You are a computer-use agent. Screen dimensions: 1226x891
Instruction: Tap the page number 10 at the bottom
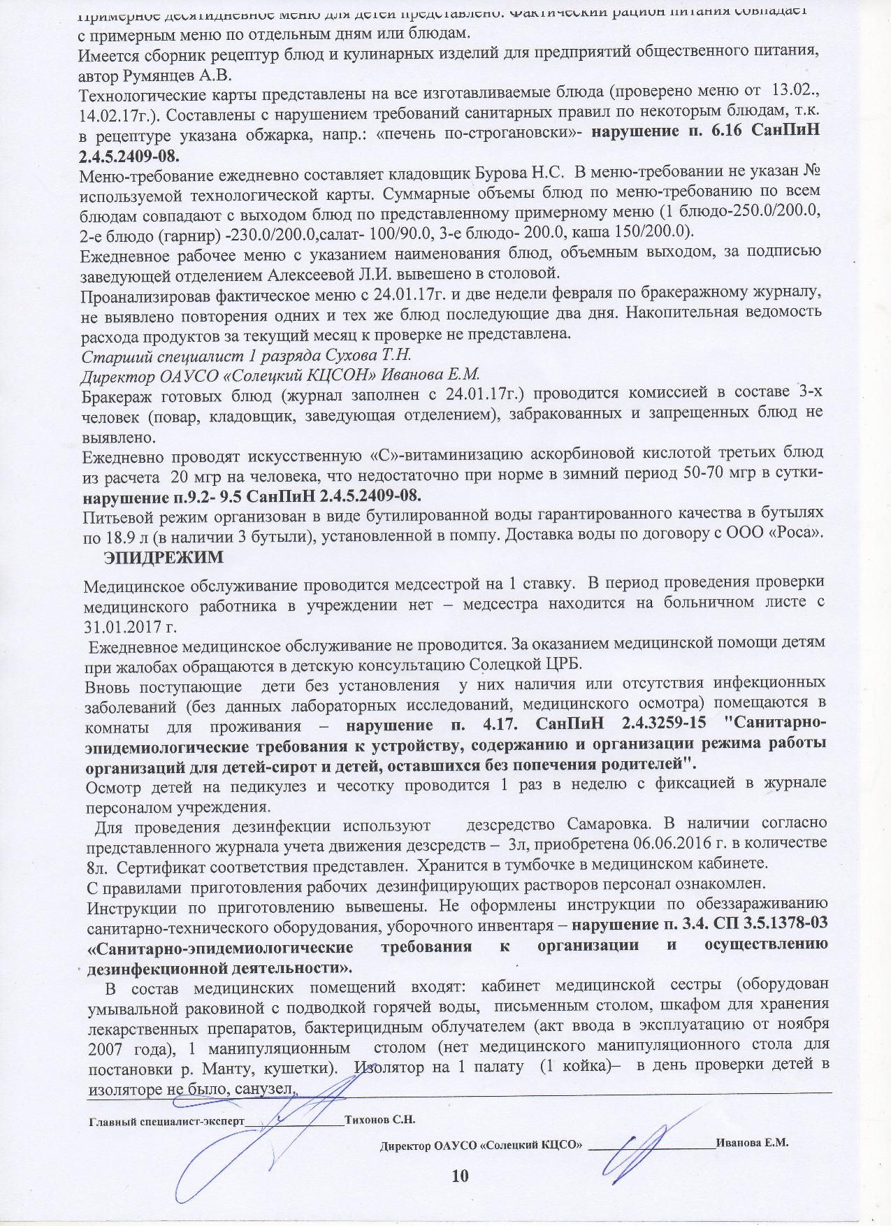tap(460, 1176)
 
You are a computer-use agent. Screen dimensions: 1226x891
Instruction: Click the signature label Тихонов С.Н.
tap(380, 1119)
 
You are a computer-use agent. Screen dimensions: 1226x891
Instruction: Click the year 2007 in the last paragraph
tap(104, 1047)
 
